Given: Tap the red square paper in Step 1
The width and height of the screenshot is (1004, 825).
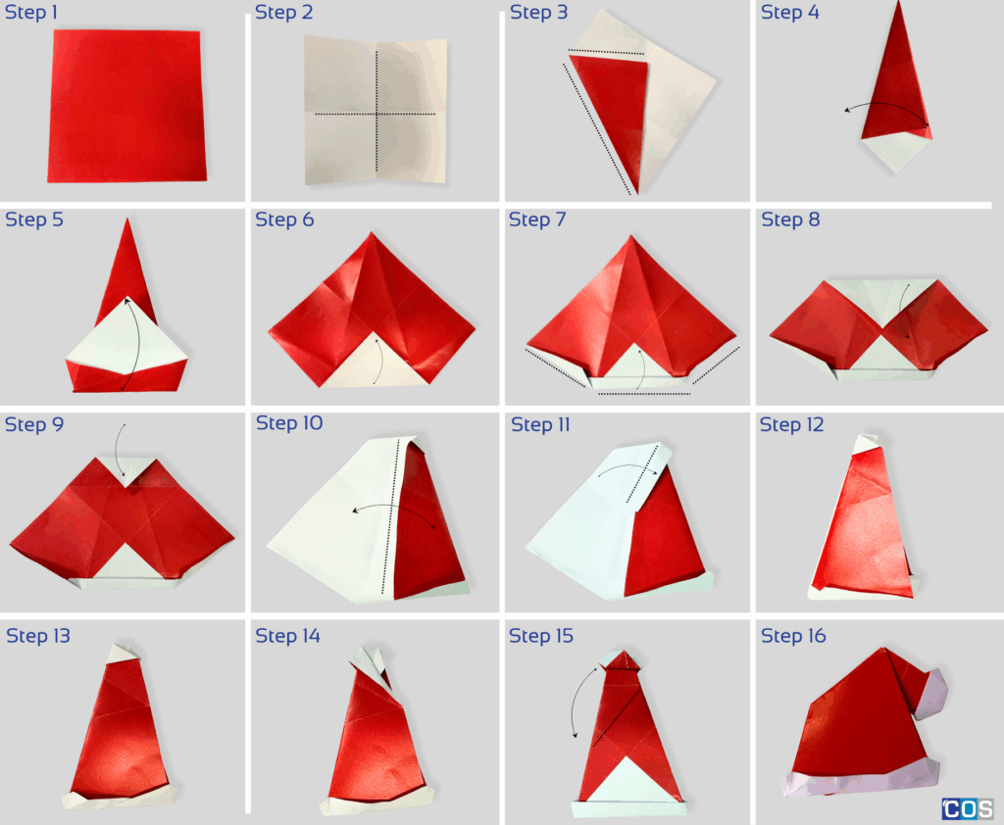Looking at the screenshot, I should pos(126,105).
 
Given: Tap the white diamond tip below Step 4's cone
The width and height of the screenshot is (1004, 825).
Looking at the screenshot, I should pos(894,152).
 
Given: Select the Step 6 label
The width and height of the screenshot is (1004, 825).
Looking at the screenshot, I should pos(284,220).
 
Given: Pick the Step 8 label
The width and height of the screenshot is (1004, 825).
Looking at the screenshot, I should pos(790,220).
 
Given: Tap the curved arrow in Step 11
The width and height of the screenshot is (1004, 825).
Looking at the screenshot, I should pos(627,471).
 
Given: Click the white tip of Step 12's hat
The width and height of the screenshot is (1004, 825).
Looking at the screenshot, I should pos(867,444).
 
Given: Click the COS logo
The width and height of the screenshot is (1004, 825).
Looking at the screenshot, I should pos(968,809).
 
